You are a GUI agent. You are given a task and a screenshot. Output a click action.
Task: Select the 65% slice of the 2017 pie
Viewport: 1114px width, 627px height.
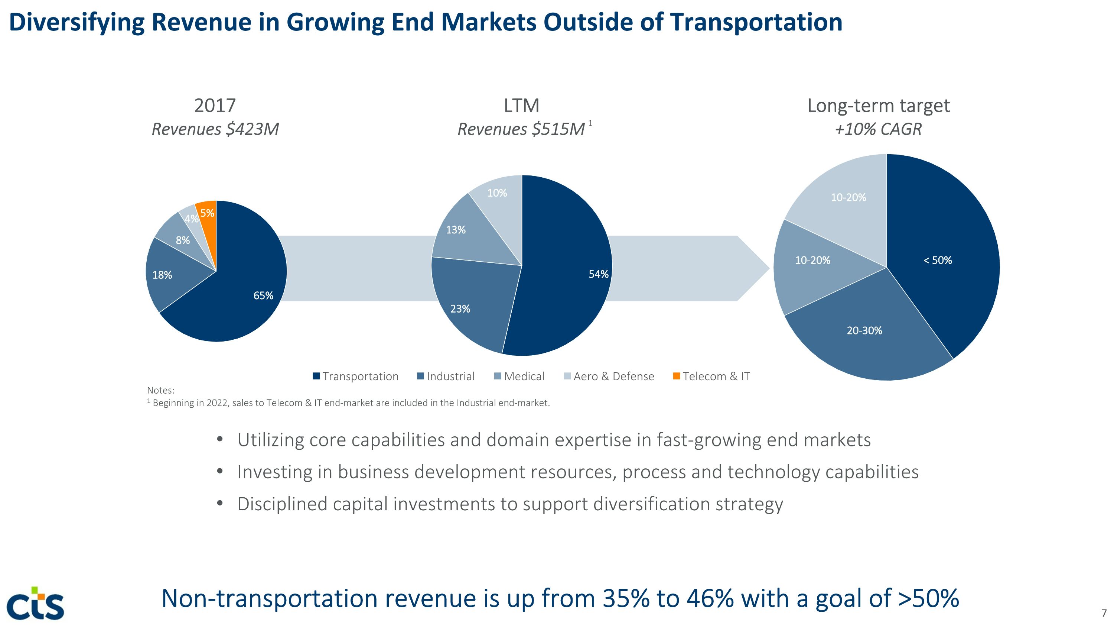[242, 298]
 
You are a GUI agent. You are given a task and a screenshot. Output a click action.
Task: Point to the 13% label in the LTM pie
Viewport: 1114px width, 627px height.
[456, 230]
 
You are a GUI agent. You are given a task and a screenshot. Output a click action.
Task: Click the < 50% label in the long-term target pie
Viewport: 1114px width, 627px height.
[937, 261]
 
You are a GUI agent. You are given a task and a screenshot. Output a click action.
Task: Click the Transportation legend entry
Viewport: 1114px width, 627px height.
[355, 376]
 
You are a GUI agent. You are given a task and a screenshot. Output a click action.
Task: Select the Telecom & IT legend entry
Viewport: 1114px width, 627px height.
[711, 376]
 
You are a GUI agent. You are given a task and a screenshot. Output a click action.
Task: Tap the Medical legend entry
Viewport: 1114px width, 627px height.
[519, 376]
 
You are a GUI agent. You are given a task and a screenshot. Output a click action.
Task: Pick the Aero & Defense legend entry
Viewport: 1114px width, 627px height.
[609, 376]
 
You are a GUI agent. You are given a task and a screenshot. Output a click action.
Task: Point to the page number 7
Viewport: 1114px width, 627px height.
[1104, 613]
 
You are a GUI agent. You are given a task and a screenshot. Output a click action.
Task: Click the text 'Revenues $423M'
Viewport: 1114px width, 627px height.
[215, 129]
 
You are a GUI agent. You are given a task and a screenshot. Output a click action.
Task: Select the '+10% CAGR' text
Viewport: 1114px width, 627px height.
[878, 129]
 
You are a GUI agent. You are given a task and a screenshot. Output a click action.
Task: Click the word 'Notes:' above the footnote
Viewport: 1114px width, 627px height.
[160, 390]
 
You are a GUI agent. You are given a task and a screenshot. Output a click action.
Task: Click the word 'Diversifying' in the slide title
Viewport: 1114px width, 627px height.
[76, 23]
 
